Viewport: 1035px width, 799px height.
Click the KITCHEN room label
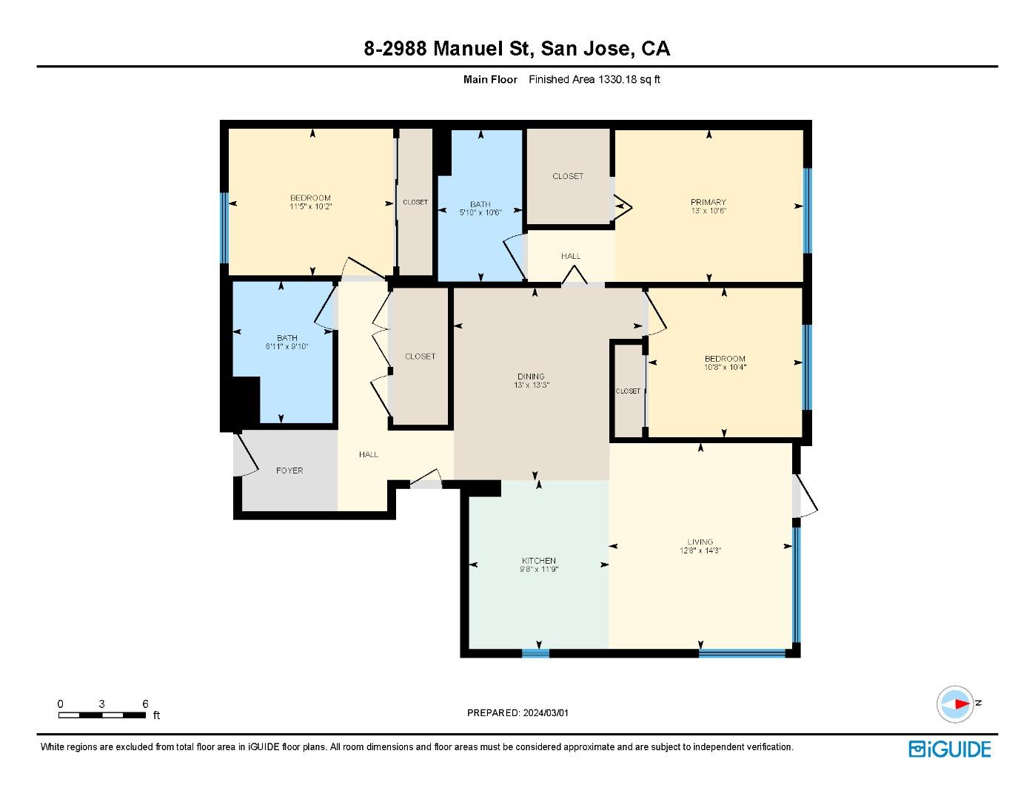539,561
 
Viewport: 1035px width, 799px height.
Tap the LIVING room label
700,542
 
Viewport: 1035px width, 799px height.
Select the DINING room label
531,377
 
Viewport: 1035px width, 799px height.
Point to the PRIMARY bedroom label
709,202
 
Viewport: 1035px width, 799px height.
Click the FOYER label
289,471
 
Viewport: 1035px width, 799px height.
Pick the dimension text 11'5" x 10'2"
310,206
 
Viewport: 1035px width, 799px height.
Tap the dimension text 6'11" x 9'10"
287,346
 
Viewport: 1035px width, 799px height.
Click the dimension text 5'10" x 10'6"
480,213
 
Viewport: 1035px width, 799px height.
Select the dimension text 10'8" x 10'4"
725,367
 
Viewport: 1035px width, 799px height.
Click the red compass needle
962,704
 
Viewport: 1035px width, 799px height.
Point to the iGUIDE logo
950,749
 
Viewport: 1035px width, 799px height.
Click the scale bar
102,715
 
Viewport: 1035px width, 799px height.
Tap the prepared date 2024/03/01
546,713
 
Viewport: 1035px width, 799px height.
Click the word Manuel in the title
468,49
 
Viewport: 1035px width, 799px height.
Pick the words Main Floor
490,79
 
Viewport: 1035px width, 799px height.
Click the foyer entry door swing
247,454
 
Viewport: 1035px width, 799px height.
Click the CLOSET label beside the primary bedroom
568,176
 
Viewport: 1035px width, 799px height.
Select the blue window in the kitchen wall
535,653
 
